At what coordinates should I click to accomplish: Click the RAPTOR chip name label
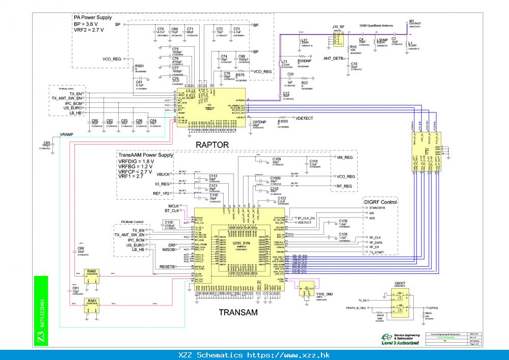(212, 145)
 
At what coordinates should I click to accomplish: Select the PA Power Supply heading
(93, 17)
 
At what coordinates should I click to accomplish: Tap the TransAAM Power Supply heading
(146, 155)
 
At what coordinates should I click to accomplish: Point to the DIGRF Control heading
(381, 202)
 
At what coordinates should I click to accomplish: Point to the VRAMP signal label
(67, 134)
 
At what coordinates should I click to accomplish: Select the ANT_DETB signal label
(333, 59)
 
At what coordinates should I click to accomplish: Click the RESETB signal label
(168, 266)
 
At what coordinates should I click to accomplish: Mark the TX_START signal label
(377, 252)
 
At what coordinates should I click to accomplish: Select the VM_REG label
(345, 157)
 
